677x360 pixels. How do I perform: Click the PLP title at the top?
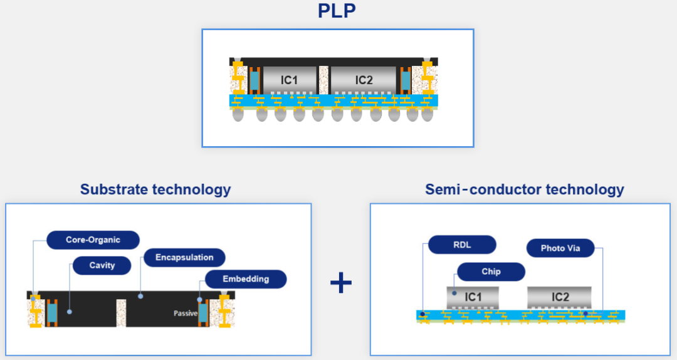click(x=337, y=11)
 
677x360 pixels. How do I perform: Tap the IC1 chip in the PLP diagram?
click(x=290, y=80)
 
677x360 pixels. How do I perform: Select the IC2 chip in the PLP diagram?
click(x=363, y=80)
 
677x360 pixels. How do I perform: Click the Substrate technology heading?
click(x=155, y=189)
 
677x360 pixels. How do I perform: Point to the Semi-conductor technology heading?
click(x=525, y=189)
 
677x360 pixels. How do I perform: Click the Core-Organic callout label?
click(x=93, y=240)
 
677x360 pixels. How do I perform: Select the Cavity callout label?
click(x=102, y=265)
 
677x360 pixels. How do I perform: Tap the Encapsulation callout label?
click(x=184, y=258)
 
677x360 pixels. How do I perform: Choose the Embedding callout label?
click(x=246, y=279)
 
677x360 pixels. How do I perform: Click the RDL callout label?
click(x=462, y=245)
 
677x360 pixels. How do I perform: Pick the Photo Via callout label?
click(x=560, y=248)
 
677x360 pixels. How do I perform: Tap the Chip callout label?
click(x=491, y=272)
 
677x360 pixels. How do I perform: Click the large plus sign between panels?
click(x=341, y=283)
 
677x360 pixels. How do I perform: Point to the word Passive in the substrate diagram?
click(x=186, y=314)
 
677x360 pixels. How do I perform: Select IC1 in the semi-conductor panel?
click(x=473, y=297)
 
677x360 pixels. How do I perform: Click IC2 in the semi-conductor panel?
click(x=560, y=297)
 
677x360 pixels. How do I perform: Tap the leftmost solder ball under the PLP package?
click(x=238, y=115)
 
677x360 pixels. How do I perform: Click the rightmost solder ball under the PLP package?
click(x=427, y=115)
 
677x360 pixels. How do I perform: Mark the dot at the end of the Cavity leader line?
click(x=70, y=312)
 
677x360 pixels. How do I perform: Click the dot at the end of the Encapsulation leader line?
click(x=140, y=297)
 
